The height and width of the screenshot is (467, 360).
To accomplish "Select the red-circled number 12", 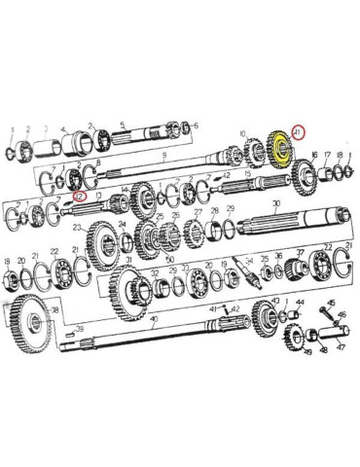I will coord(80,195).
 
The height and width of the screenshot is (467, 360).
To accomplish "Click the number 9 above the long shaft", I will coord(166,156).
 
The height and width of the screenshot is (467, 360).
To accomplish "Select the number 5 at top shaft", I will coord(121,125).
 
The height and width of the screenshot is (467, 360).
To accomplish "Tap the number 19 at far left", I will coord(7,261).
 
